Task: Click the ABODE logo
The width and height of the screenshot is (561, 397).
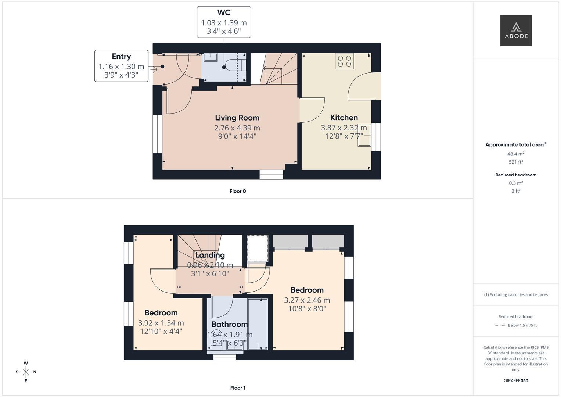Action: click(x=516, y=30)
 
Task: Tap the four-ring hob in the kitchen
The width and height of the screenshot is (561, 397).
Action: click(x=345, y=61)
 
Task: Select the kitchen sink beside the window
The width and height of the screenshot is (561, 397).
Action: click(x=364, y=135)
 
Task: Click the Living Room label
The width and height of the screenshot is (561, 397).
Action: click(x=237, y=118)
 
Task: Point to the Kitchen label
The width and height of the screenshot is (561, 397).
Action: click(x=344, y=117)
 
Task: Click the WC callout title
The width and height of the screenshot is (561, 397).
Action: click(x=224, y=12)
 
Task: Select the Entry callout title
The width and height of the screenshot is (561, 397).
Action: click(x=122, y=56)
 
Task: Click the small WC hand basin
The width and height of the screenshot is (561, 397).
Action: click(x=211, y=57)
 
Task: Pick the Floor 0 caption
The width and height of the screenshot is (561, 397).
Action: click(x=238, y=191)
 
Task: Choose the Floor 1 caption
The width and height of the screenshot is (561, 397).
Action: click(x=238, y=388)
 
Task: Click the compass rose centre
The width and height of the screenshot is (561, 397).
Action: click(x=26, y=372)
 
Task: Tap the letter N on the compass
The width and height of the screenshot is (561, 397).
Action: click(x=35, y=372)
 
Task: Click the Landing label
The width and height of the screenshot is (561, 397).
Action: click(x=210, y=255)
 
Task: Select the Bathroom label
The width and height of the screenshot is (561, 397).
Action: click(x=230, y=324)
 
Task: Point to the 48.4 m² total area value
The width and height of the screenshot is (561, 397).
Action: click(x=516, y=154)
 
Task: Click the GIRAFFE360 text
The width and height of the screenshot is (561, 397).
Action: click(x=516, y=381)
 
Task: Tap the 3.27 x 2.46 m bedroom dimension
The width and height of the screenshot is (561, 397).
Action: click(x=307, y=300)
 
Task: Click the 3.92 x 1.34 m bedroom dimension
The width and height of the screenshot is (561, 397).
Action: click(x=161, y=323)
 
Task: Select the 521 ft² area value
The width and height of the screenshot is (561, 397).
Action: click(x=516, y=162)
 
